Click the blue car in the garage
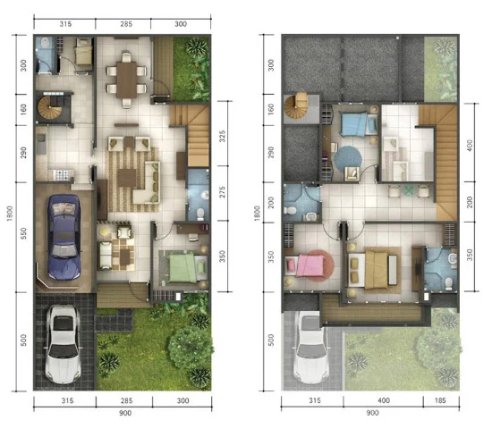click(x=64, y=237)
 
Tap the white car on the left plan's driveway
click(x=64, y=344)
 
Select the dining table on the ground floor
click(x=126, y=80)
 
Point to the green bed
click(x=182, y=268)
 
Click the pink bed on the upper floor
click(x=306, y=265)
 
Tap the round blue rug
click(x=347, y=158)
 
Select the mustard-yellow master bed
click(x=376, y=269)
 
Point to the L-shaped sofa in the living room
click(x=148, y=183)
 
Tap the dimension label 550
click(x=23, y=234)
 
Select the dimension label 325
click(x=222, y=136)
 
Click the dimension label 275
click(x=222, y=192)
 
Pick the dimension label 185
click(x=440, y=400)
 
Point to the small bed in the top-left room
click(x=84, y=52)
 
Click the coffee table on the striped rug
click(x=126, y=178)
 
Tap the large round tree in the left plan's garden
click(x=190, y=347)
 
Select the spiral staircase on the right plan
click(x=296, y=106)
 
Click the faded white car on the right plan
click(x=310, y=349)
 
